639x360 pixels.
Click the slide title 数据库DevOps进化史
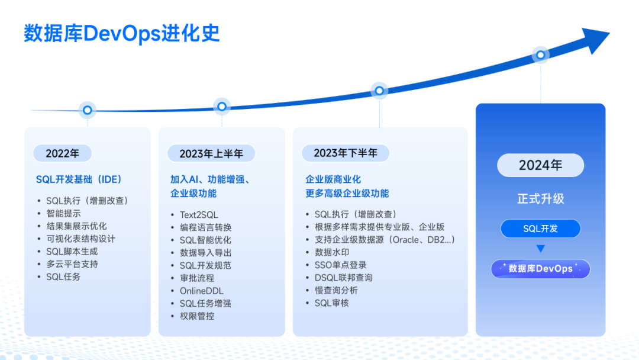[122, 33]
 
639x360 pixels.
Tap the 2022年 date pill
[62, 153]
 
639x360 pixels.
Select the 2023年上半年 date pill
[211, 153]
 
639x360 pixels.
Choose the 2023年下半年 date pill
[346, 153]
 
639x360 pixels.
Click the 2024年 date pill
[540, 165]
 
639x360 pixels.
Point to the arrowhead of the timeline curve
[595, 40]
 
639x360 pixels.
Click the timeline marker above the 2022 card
[87, 110]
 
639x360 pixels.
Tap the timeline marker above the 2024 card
[540, 54]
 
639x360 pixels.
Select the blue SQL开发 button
[540, 229]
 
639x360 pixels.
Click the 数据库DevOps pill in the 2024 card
[540, 269]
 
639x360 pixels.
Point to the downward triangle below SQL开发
[540, 248]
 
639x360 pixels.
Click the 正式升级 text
[540, 199]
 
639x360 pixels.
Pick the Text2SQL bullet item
[199, 215]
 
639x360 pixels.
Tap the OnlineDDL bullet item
[202, 291]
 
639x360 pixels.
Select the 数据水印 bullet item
[332, 252]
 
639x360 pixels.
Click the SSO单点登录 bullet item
[341, 265]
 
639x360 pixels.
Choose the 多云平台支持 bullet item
[72, 264]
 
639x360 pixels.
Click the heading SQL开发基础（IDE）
[79, 179]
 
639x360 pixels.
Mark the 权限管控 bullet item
[197, 316]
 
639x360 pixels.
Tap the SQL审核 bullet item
[332, 303]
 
